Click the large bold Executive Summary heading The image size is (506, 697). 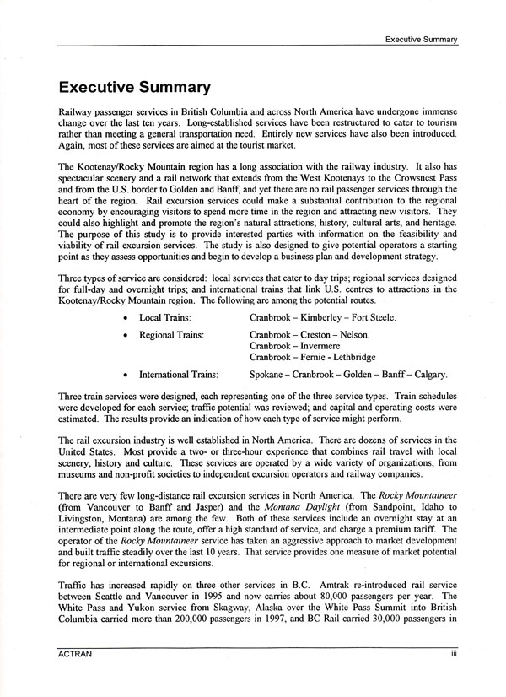pyautogui.click(x=132, y=87)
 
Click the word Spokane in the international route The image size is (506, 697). pyautogui.click(x=270, y=374)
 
